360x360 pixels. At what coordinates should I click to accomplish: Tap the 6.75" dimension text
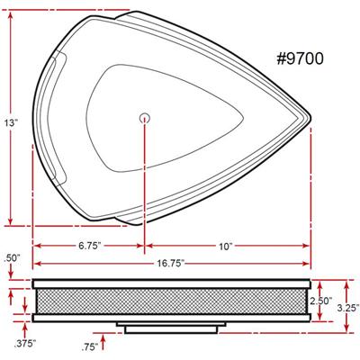pyautogui.click(x=88, y=245)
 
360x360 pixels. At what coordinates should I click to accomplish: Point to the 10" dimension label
pyautogui.click(x=224, y=245)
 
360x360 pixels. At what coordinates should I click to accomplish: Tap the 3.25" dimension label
pyautogui.click(x=345, y=308)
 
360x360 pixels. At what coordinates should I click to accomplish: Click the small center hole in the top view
pyautogui.click(x=145, y=115)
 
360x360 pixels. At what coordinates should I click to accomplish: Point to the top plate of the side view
pyautogui.click(x=171, y=283)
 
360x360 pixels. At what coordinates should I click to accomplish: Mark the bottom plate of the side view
pyautogui.click(x=171, y=318)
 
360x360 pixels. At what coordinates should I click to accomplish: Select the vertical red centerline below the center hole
pyautogui.click(x=145, y=180)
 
